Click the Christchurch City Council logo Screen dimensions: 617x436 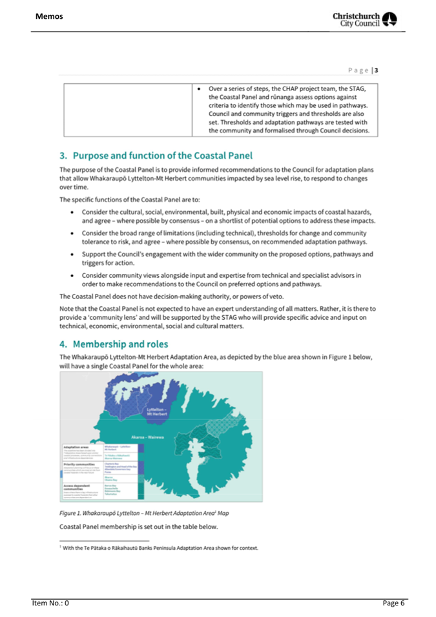(375, 18)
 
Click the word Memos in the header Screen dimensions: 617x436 (50, 16)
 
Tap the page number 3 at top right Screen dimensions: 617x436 (394, 69)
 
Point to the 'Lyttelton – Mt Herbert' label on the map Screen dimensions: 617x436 (158, 412)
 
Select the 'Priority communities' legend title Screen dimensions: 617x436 (83, 463)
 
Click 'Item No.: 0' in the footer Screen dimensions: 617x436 (51, 603)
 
